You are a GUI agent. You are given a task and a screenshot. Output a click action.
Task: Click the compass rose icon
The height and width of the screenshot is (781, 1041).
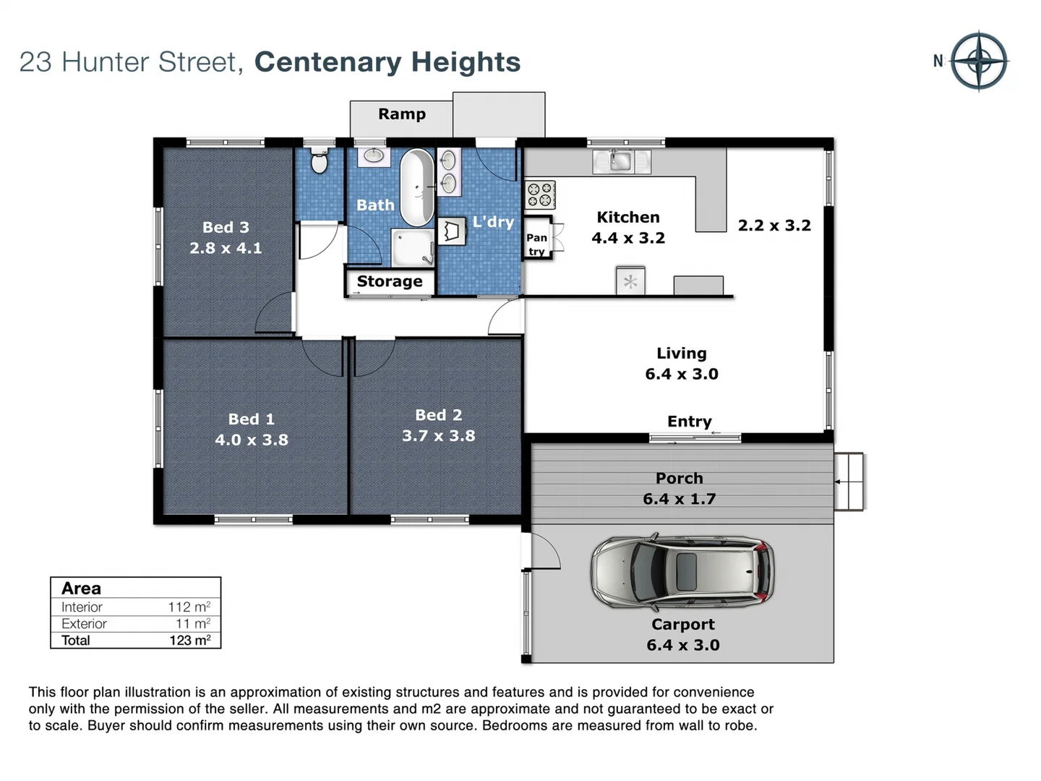979,61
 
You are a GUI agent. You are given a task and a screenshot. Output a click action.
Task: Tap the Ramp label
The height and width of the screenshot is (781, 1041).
402,114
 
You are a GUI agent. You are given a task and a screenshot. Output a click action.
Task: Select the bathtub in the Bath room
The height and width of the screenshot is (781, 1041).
416,187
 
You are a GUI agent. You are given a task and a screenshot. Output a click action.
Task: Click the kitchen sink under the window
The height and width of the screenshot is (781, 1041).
621,161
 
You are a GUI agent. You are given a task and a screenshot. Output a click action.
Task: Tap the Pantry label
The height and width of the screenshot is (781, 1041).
536,244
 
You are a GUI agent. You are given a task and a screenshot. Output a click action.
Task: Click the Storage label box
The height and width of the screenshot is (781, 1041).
390,281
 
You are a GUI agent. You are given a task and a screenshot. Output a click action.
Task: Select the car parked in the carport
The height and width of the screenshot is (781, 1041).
682,572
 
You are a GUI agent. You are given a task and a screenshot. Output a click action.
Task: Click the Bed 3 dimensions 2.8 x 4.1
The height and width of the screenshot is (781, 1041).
226,248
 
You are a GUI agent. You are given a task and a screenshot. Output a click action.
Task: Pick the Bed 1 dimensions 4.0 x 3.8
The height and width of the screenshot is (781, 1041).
252,440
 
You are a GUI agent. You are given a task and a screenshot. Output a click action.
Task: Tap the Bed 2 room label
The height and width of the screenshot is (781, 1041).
438,415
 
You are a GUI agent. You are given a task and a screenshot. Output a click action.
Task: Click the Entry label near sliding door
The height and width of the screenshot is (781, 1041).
689,422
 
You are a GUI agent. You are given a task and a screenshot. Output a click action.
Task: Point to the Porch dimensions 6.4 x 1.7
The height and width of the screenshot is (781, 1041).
679,499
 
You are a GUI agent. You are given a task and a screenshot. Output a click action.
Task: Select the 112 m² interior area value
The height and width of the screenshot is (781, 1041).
189,607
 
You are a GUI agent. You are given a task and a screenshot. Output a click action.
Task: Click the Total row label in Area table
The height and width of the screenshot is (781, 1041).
76,640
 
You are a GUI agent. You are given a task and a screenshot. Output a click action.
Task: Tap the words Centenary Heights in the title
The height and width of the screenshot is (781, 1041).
387,62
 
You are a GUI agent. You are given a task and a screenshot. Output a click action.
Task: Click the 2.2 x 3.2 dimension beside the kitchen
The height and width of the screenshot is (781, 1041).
774,226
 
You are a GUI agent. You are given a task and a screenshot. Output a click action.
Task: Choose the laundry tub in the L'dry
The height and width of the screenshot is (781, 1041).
452,231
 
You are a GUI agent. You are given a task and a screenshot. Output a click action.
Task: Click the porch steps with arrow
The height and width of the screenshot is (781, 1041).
849,481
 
